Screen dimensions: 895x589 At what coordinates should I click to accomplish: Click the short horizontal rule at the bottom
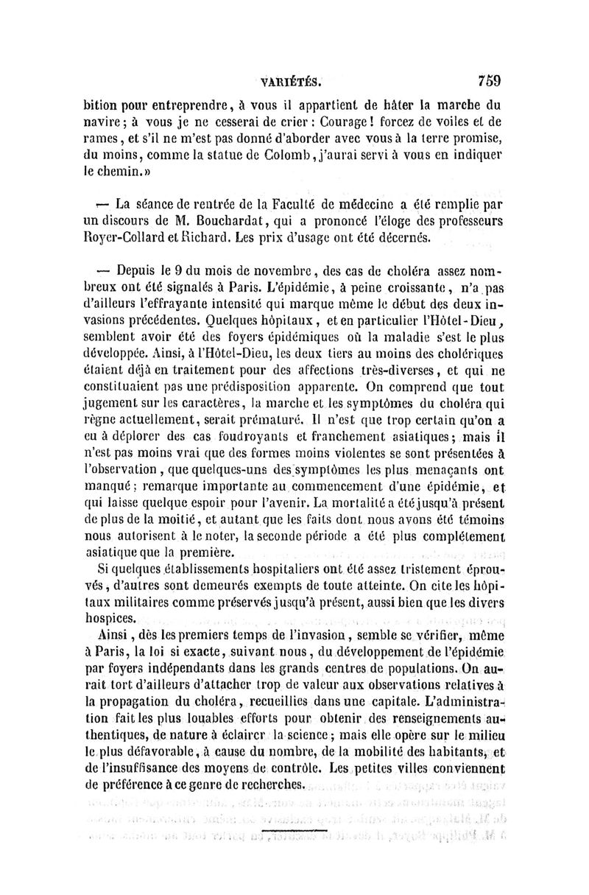click(x=294, y=833)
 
